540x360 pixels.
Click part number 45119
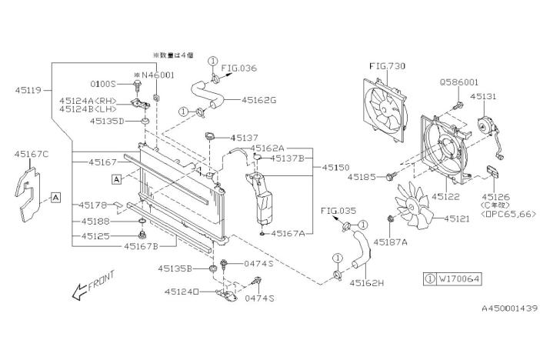click(29, 90)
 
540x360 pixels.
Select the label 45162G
click(260, 100)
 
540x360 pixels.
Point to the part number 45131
click(485, 96)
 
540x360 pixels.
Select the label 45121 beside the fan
click(459, 219)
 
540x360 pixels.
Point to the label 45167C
click(32, 155)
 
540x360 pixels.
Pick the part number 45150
click(337, 166)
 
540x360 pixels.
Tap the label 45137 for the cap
click(246, 138)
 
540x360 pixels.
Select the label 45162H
click(367, 283)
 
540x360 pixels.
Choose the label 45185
click(362, 177)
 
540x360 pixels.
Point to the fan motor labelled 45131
click(487, 126)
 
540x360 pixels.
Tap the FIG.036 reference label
click(240, 68)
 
